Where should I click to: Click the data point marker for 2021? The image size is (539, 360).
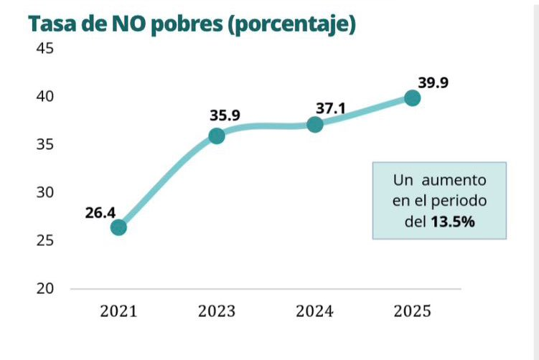(x=118, y=227)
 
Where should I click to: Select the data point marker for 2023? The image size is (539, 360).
(x=216, y=136)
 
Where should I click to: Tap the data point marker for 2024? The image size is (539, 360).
(x=314, y=124)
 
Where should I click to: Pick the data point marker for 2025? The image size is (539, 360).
(x=412, y=98)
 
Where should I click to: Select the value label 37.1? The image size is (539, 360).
(x=330, y=108)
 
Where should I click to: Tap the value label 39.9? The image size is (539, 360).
(x=433, y=82)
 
